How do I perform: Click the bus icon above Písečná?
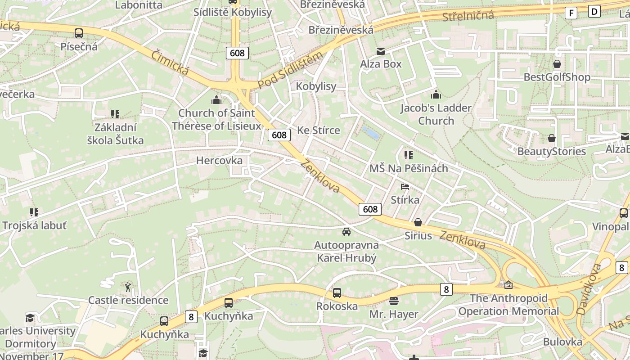point(79,33)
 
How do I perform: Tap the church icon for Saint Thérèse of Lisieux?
point(216,99)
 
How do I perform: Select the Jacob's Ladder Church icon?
point(436,94)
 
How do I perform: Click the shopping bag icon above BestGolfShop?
point(557,64)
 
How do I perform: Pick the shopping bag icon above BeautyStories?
point(551,138)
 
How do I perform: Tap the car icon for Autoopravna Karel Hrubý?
point(346,232)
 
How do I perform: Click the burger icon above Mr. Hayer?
point(394,301)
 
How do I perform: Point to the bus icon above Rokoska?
point(337,293)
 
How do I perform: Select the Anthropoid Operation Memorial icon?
point(508,285)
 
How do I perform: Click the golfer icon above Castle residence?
point(128,287)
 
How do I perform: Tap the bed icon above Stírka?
point(405,186)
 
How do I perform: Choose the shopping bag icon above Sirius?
point(418,222)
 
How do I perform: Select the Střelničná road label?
point(468,16)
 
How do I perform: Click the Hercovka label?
point(219,161)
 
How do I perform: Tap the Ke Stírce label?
point(319,130)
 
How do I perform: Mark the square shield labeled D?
point(594,11)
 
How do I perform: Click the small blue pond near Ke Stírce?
point(370,133)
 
